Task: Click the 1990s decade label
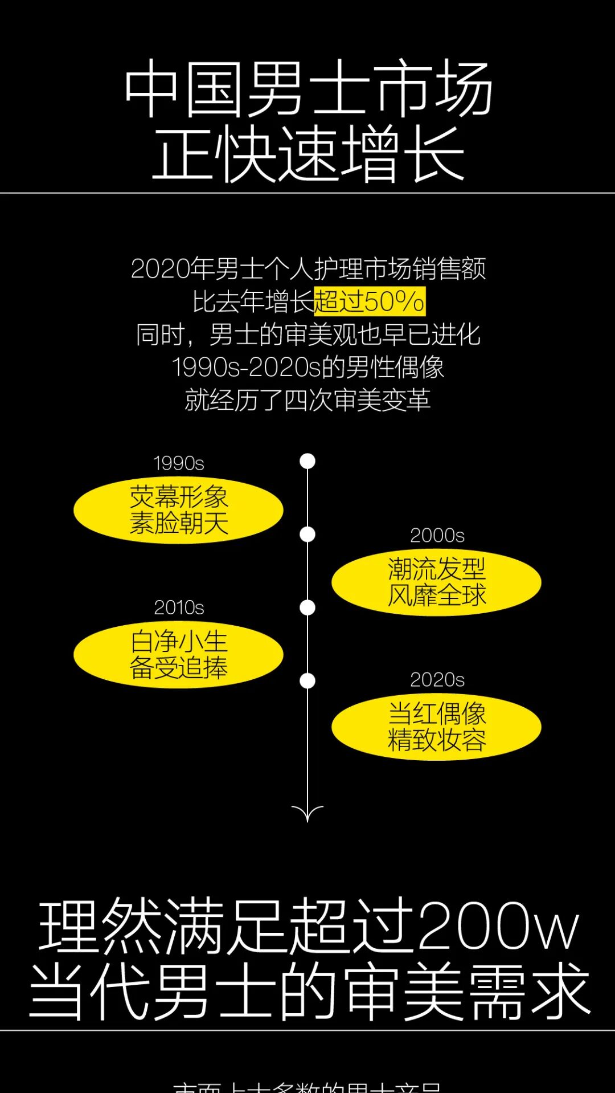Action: coord(178,463)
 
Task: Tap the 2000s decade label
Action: coord(437,536)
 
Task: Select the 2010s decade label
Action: coord(178,607)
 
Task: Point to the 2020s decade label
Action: coord(437,680)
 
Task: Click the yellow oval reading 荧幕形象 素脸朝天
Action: coord(178,510)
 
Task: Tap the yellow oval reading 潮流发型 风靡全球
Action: coord(436,582)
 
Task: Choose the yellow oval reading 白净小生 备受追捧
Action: coord(178,654)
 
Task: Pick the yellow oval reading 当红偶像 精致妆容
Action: coord(436,727)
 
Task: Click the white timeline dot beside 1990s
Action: coord(307,461)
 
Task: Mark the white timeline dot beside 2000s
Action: coord(307,535)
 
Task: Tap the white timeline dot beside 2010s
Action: coord(307,607)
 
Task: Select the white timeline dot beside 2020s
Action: coord(307,680)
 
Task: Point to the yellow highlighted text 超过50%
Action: coord(369,301)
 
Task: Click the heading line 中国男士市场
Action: coord(307,88)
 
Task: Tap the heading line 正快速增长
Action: coord(307,154)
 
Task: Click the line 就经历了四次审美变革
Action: coord(307,400)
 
